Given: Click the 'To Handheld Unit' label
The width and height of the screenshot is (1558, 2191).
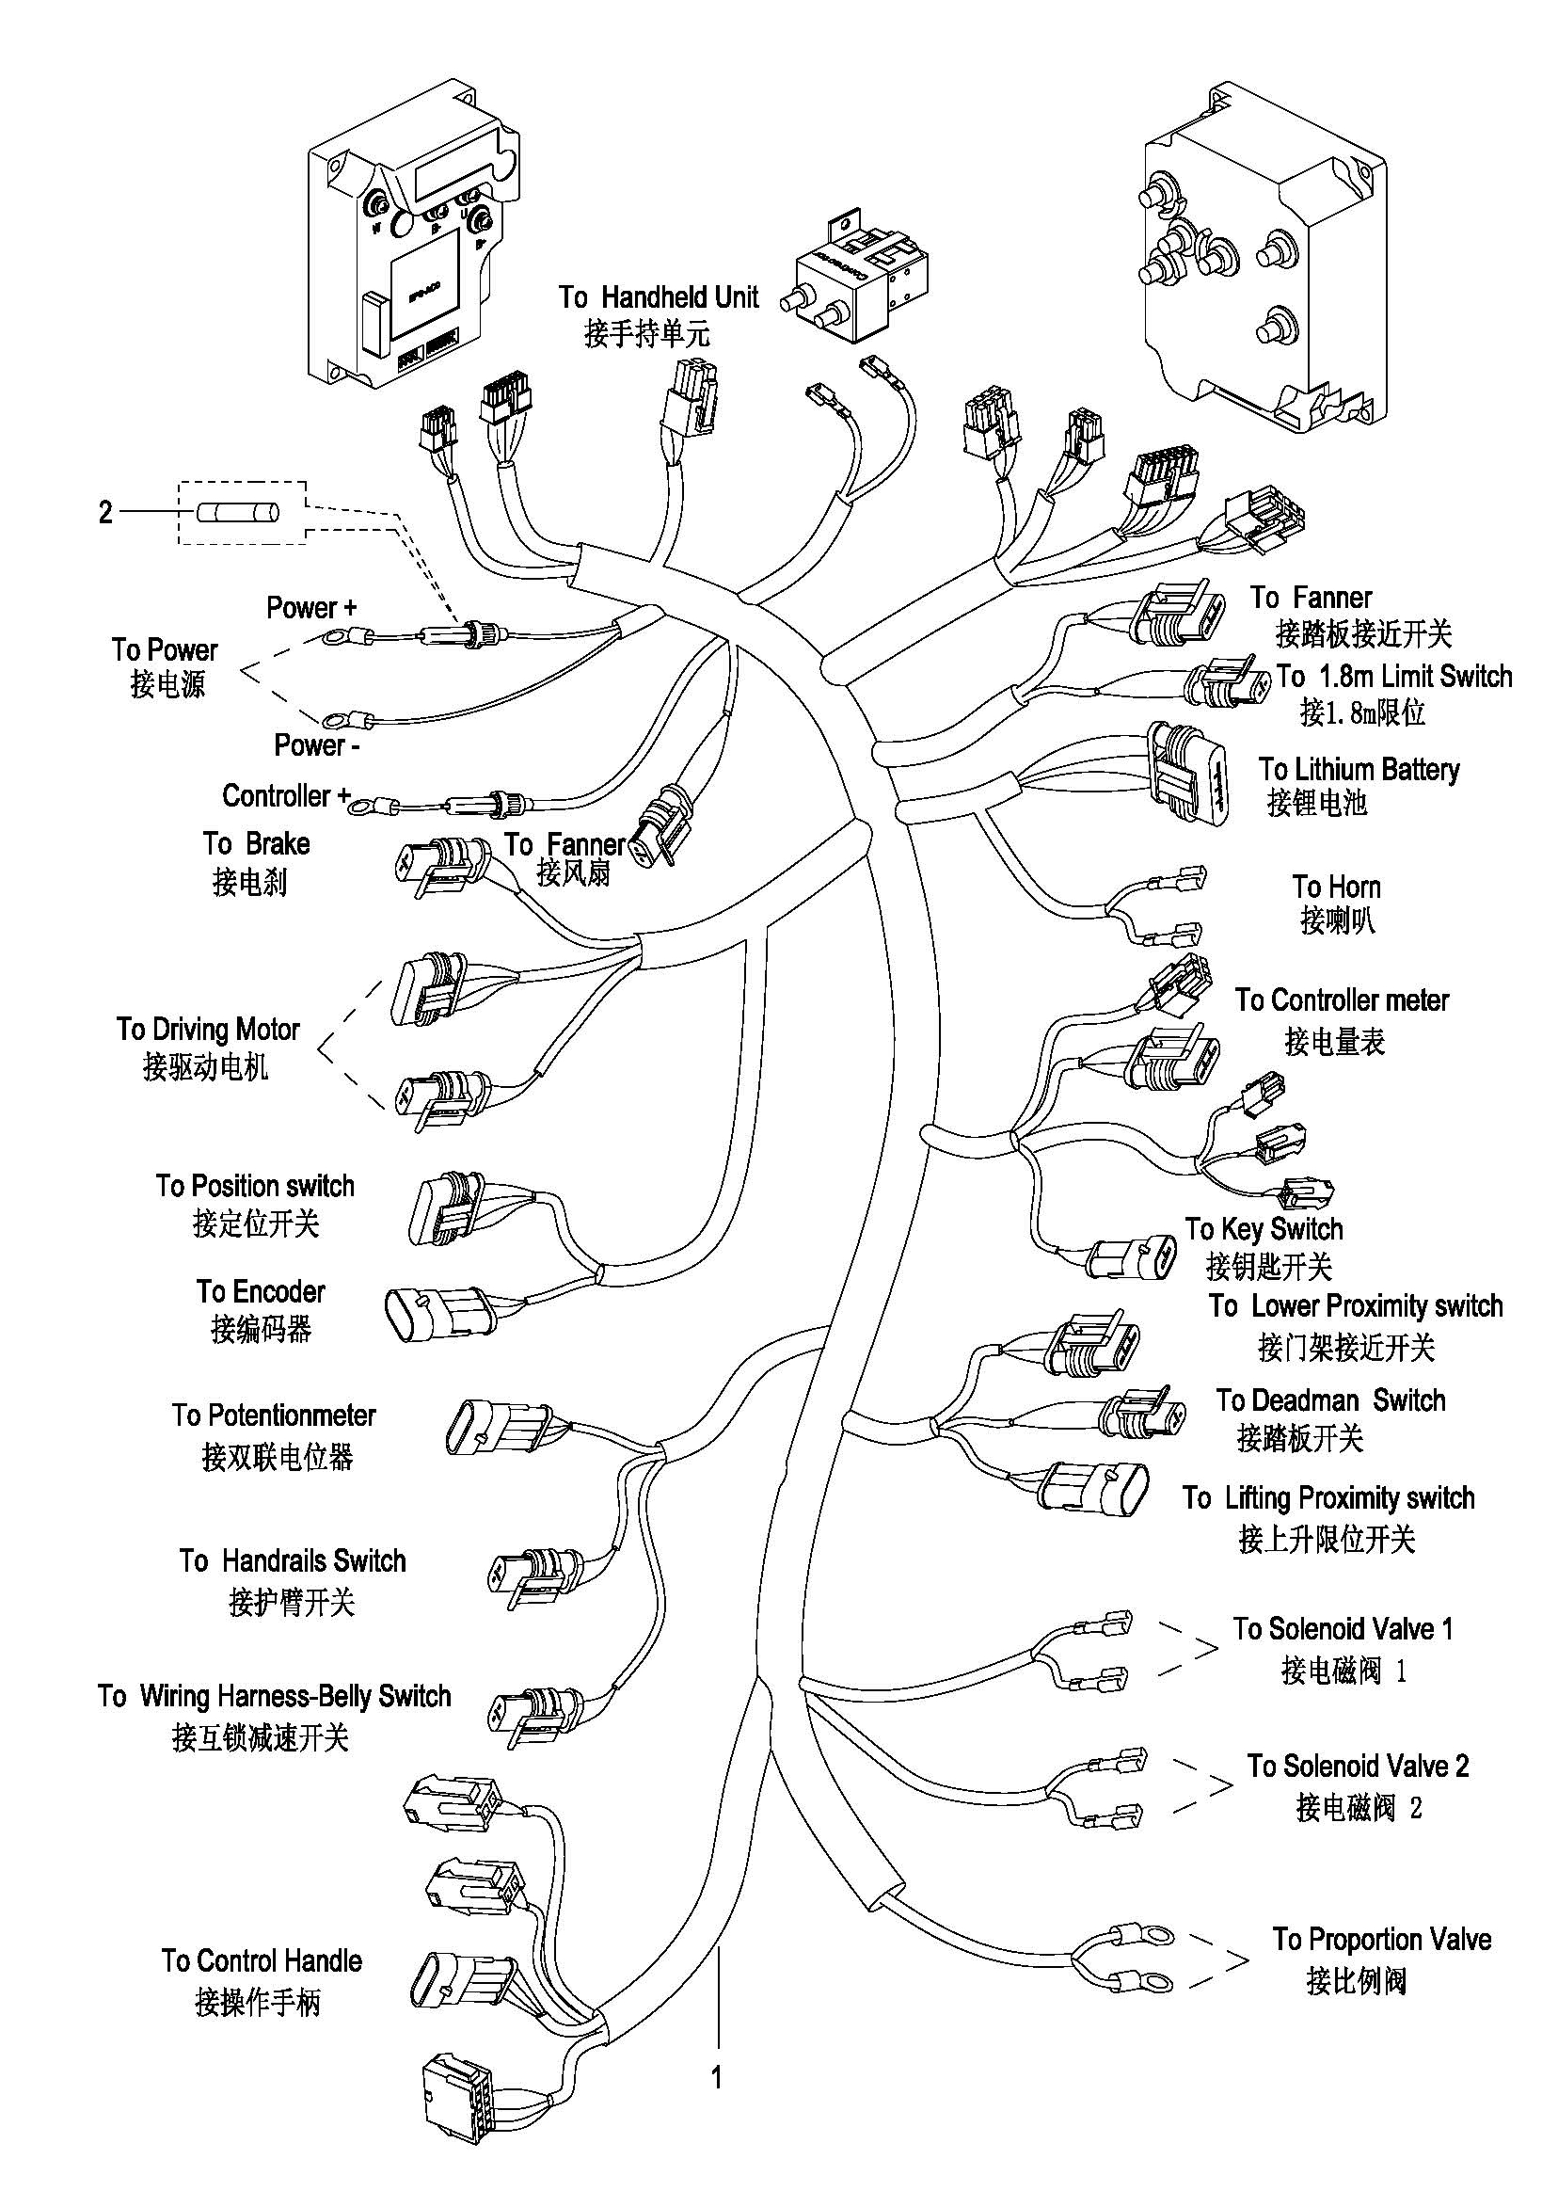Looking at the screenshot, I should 659,297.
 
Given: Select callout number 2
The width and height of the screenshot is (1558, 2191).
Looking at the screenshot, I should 105,513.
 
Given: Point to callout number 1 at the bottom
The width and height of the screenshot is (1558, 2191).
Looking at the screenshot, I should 716,2078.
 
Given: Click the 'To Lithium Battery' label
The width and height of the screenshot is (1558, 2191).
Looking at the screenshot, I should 1359,770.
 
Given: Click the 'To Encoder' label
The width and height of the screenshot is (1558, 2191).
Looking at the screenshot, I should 261,1292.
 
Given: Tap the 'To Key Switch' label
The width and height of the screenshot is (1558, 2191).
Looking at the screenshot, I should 1264,1229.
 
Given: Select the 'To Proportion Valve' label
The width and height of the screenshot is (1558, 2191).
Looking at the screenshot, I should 1381,1940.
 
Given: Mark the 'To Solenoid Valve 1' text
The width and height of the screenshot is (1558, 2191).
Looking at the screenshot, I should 1343,1628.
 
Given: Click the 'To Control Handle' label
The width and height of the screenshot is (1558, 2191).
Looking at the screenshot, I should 262,1960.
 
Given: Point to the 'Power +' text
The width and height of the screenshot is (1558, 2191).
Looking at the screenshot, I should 310,607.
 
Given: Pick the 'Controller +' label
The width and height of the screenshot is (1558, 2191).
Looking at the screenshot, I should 286,795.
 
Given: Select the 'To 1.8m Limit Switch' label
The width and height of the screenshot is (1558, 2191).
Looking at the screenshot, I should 1394,677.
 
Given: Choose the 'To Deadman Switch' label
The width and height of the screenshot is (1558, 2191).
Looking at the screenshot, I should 1330,1401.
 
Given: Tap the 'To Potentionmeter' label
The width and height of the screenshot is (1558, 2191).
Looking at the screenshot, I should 274,1415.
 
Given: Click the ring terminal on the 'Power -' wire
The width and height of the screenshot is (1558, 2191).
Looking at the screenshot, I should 339,716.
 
